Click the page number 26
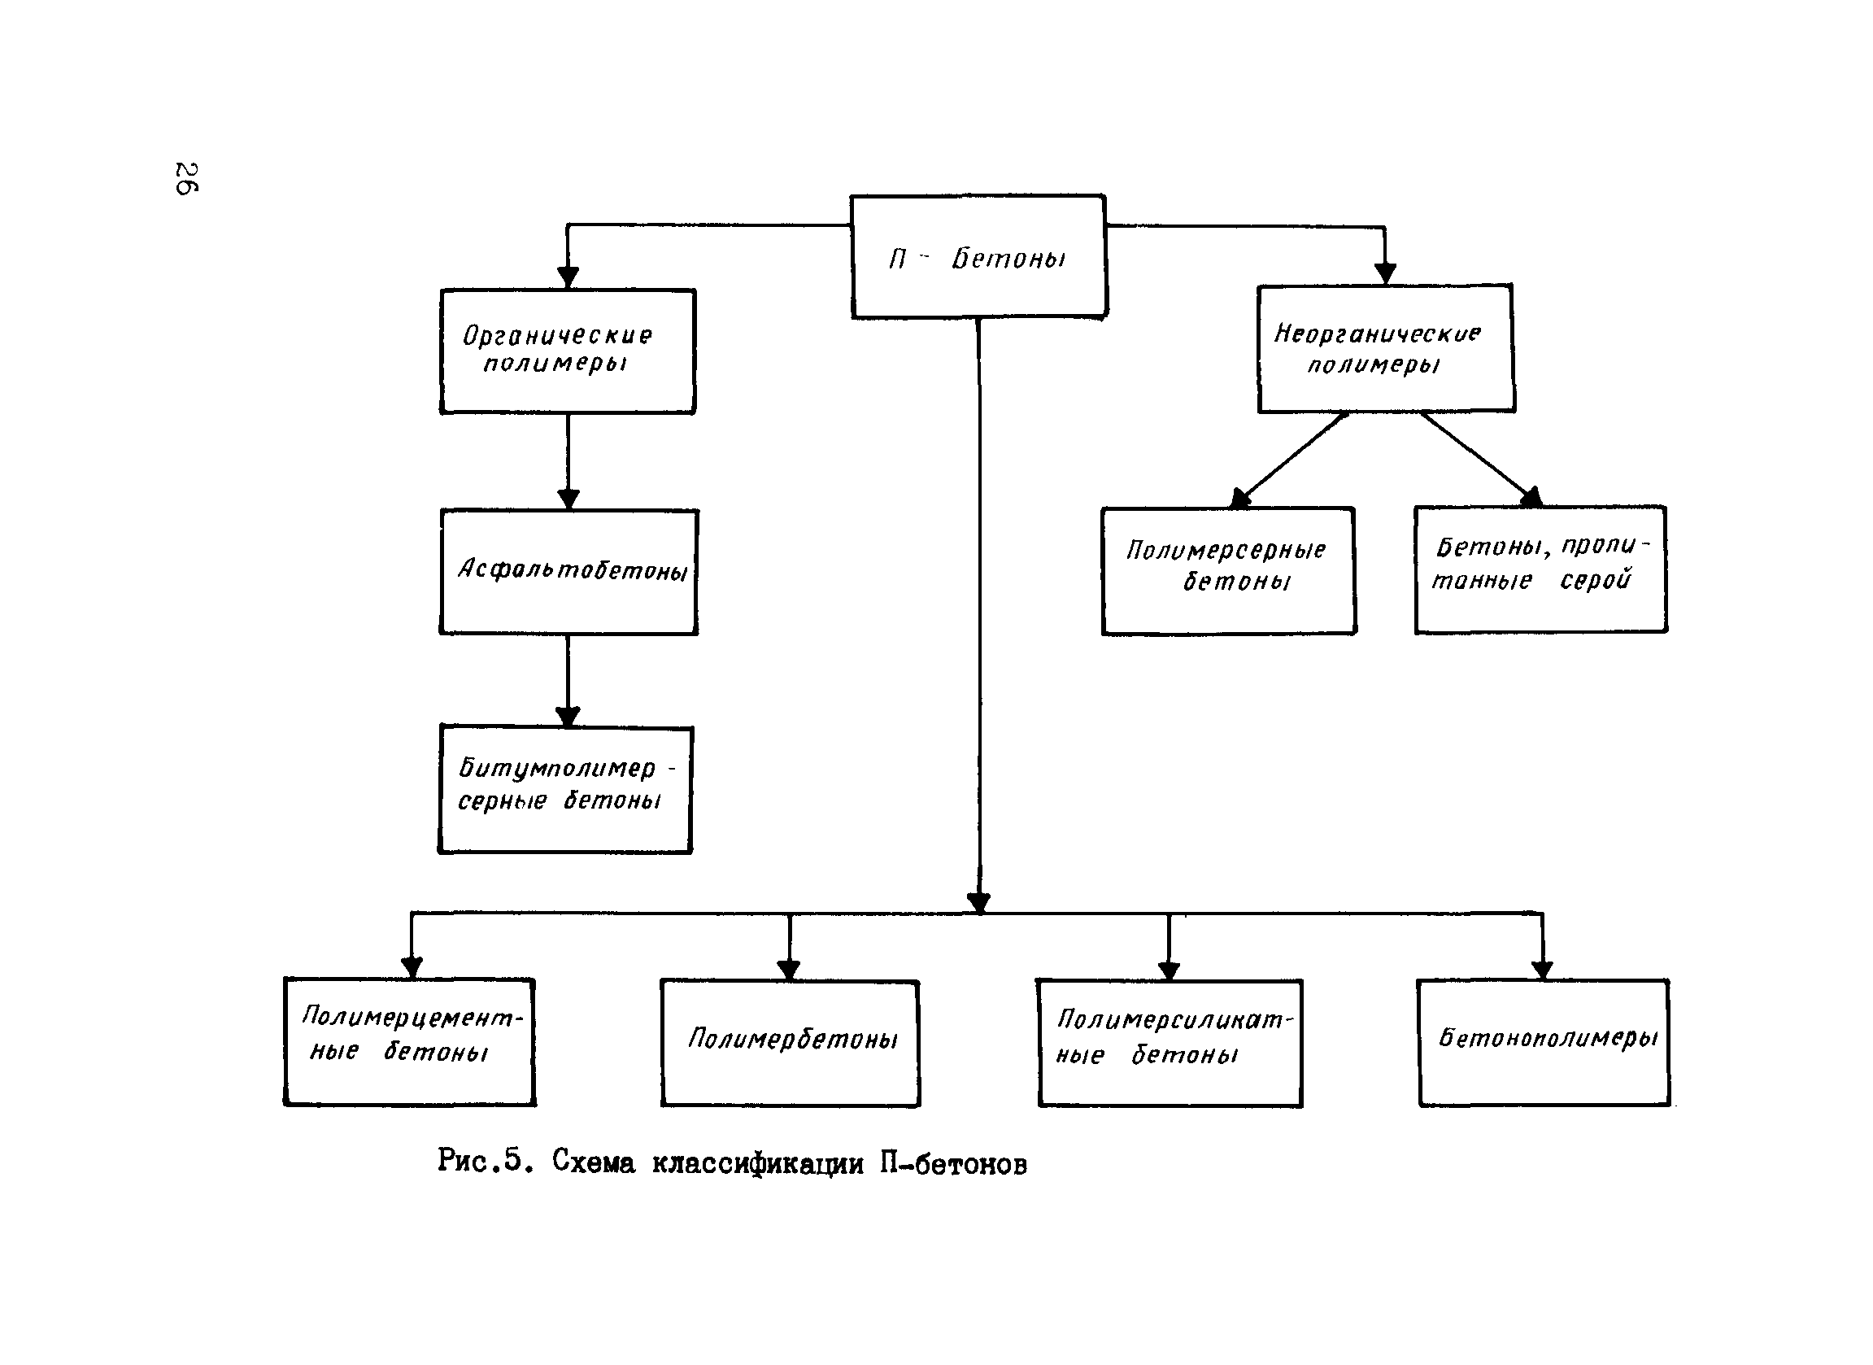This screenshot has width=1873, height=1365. tap(186, 178)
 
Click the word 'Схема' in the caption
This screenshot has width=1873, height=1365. tap(594, 1162)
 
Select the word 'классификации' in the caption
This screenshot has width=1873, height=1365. tap(758, 1164)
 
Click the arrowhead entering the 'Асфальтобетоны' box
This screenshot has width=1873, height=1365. tap(568, 499)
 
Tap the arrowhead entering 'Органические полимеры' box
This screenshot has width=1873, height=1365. tap(568, 277)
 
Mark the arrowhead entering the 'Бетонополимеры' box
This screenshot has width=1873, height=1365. tap(1543, 970)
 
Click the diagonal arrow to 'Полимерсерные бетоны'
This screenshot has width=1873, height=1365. tap(1289, 460)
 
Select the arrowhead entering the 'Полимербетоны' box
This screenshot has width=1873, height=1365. tap(789, 970)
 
